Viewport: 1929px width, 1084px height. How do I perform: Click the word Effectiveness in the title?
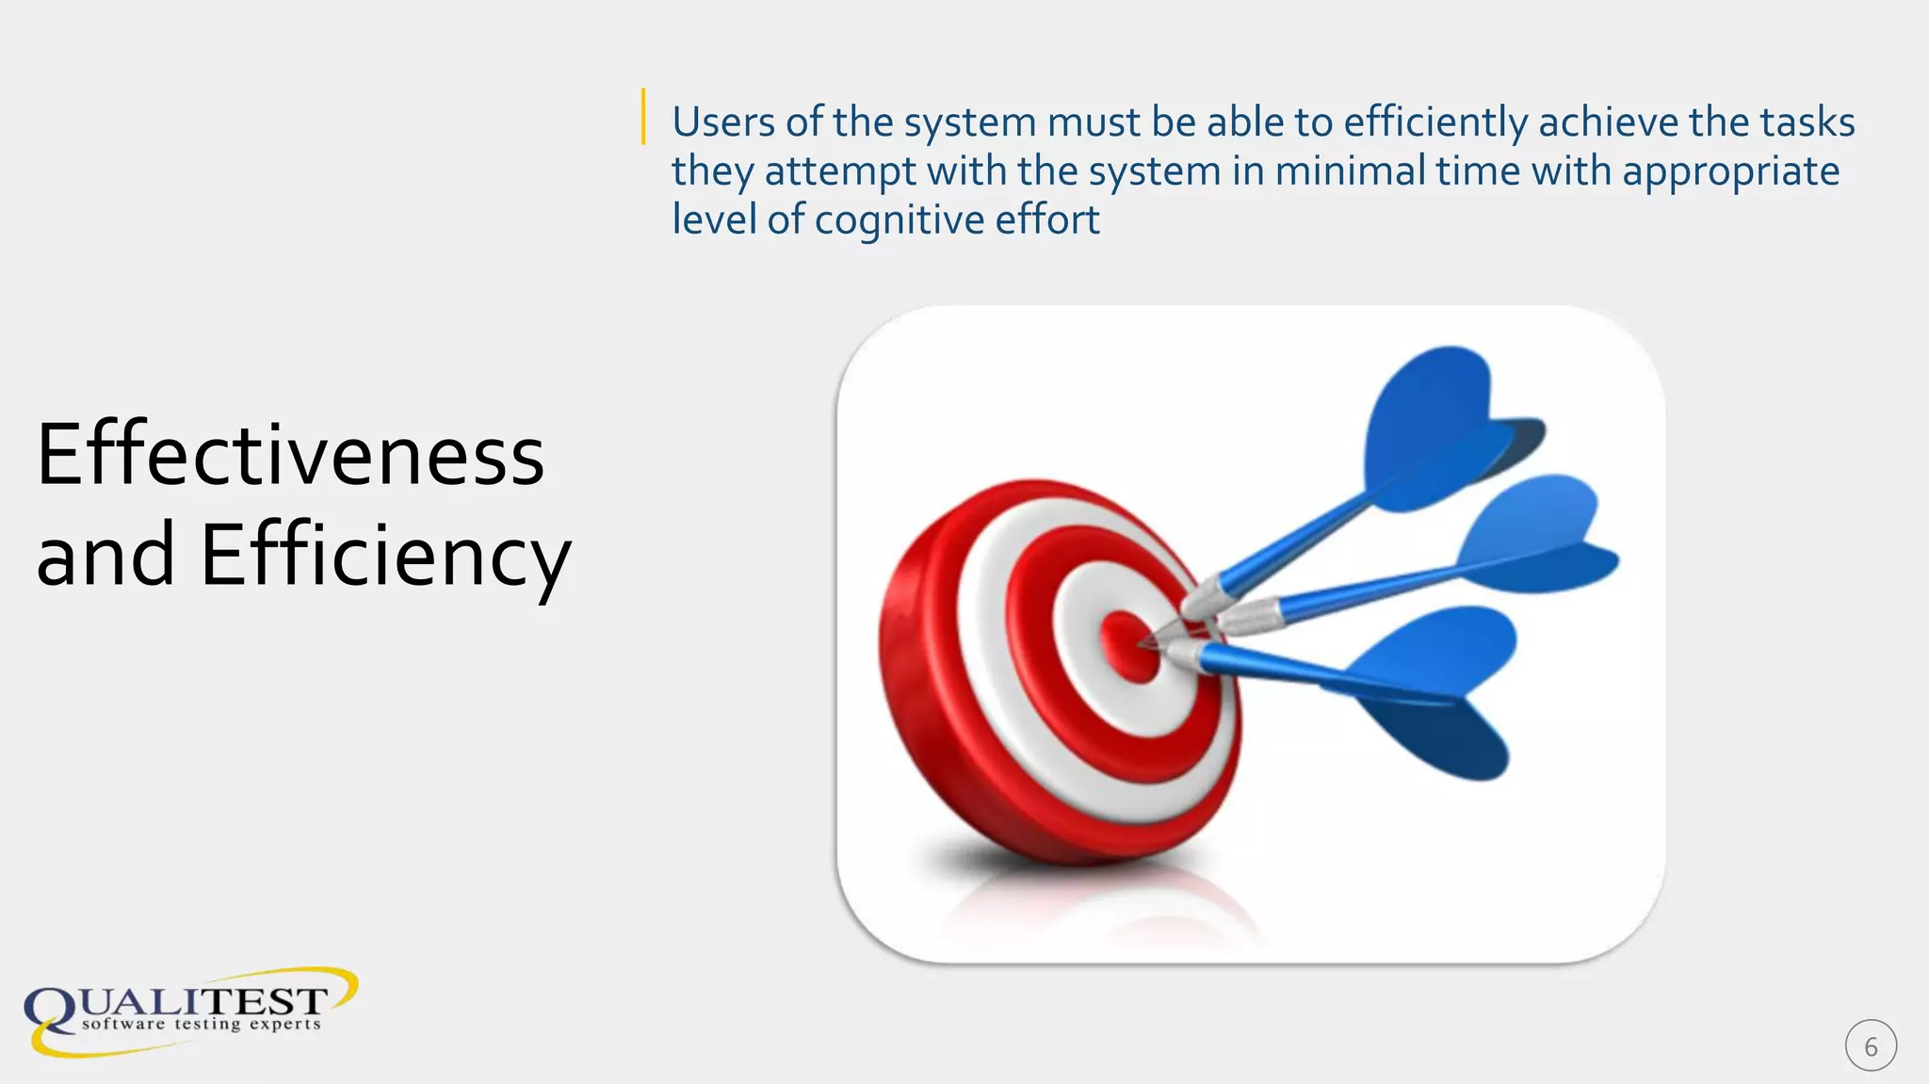pos(290,455)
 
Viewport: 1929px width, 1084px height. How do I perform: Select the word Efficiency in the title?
pos(385,556)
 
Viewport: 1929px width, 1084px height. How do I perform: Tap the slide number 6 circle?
pos(1870,1045)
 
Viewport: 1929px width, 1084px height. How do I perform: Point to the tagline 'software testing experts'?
pos(202,1025)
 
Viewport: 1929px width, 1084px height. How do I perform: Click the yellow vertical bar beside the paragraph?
pos(643,116)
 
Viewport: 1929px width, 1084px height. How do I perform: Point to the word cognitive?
pos(899,220)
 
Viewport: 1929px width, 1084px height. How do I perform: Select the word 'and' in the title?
pos(105,556)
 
